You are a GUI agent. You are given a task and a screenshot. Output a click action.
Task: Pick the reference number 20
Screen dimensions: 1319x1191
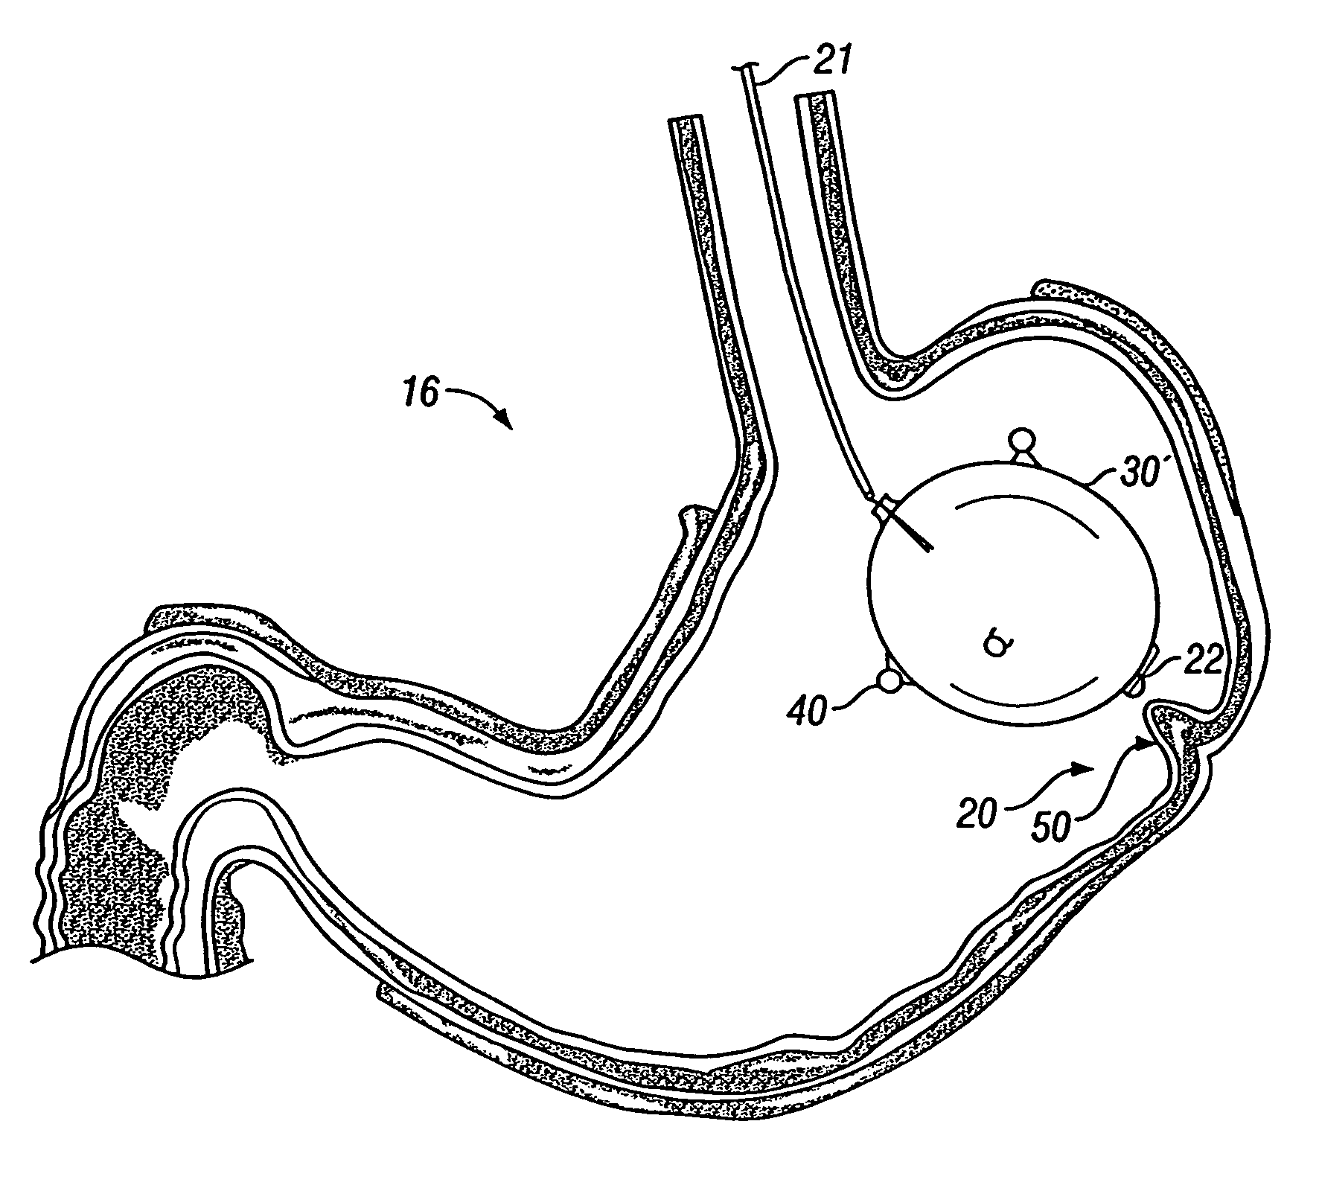pos(977,813)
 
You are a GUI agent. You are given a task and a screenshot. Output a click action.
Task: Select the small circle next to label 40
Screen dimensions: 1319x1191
pos(888,680)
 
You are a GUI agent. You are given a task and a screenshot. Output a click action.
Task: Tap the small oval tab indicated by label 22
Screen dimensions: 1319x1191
pos(1136,680)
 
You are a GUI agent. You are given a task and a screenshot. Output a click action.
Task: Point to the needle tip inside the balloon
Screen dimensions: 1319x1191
pos(930,552)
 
